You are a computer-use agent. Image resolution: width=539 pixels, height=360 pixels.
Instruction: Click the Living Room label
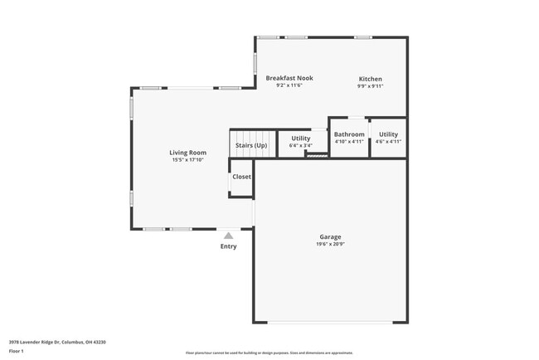pyautogui.click(x=188, y=153)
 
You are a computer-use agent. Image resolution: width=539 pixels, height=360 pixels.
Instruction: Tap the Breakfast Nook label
pyautogui.click(x=289, y=78)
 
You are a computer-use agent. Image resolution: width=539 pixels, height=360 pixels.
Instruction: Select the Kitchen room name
pyautogui.click(x=370, y=79)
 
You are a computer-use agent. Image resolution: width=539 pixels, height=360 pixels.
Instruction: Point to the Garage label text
pyautogui.click(x=330, y=236)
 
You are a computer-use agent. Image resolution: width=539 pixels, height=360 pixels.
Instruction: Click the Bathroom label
pyautogui.click(x=349, y=134)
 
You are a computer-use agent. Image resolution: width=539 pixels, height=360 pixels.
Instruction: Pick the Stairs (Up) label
pyautogui.click(x=251, y=146)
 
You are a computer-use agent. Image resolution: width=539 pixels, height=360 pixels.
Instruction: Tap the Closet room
pyautogui.click(x=241, y=177)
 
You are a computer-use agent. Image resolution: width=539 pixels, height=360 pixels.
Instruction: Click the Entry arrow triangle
pyautogui.click(x=228, y=236)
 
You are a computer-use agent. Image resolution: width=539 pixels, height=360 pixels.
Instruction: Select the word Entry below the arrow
pyautogui.click(x=228, y=246)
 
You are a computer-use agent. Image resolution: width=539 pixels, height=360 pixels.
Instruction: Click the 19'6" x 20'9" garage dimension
pyautogui.click(x=330, y=244)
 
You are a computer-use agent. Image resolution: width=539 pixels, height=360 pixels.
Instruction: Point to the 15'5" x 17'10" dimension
pyautogui.click(x=188, y=160)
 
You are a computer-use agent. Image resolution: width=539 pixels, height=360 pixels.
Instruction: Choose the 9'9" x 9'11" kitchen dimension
pyautogui.click(x=370, y=86)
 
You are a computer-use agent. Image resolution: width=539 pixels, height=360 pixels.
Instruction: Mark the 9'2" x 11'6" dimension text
pyautogui.click(x=289, y=85)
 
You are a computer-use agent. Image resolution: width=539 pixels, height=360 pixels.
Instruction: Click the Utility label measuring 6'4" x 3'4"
pyautogui.click(x=300, y=138)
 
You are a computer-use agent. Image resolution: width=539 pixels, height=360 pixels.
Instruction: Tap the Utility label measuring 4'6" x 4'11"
pyautogui.click(x=388, y=134)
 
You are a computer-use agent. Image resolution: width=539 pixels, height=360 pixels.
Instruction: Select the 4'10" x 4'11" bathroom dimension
pyautogui.click(x=349, y=142)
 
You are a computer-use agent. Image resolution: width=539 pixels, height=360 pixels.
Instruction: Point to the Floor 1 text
pyautogui.click(x=17, y=351)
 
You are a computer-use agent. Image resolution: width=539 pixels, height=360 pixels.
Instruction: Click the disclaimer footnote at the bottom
pyautogui.click(x=269, y=353)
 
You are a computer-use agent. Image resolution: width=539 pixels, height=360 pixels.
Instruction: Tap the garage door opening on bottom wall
pyautogui.click(x=330, y=323)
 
